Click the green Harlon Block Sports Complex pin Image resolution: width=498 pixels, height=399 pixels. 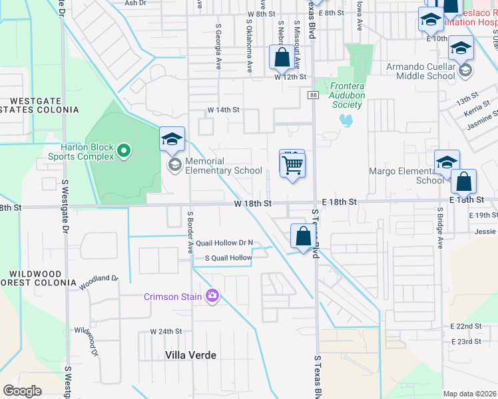click(x=123, y=152)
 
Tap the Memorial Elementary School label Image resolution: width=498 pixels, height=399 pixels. click(x=224, y=166)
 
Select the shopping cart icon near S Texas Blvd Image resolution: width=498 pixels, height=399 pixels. click(x=292, y=164)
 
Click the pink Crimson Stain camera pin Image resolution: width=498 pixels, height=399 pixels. click(x=212, y=295)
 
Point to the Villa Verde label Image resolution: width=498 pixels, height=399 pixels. click(x=190, y=355)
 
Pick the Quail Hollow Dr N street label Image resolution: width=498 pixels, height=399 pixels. click(x=224, y=243)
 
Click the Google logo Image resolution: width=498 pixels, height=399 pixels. click(x=22, y=390)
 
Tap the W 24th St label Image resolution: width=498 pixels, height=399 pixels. click(x=166, y=331)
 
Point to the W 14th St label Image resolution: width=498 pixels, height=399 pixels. click(x=223, y=109)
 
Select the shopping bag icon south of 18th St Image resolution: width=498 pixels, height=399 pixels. click(x=303, y=237)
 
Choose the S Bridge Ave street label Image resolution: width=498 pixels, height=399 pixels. click(x=440, y=227)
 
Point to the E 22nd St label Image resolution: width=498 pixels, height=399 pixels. click(x=465, y=326)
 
